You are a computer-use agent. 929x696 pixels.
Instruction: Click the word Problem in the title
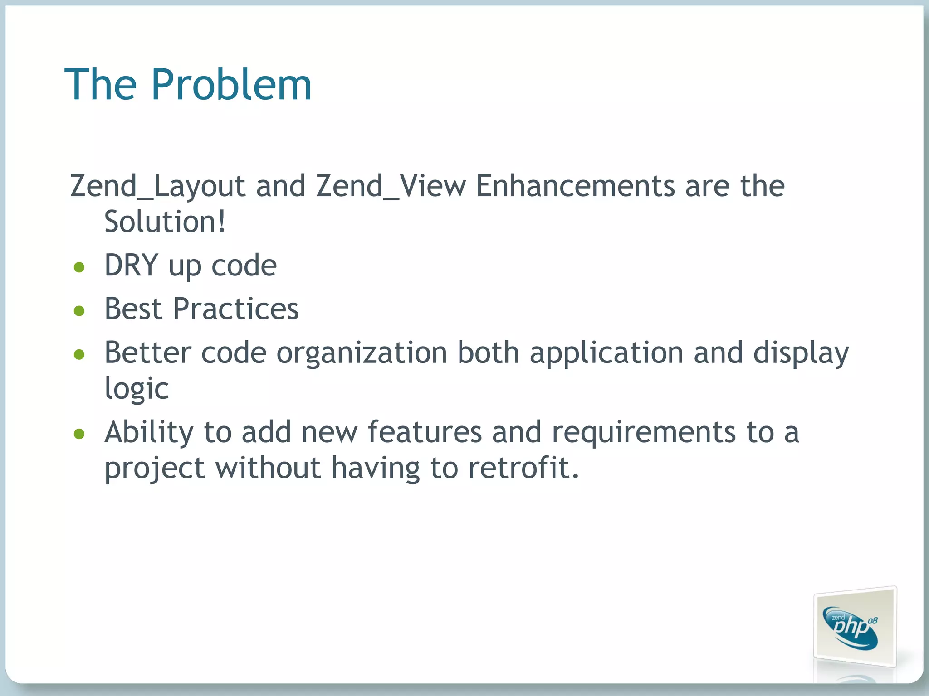pos(231,84)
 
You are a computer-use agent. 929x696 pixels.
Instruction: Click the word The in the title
pos(101,84)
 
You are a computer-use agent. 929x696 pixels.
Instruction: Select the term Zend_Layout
pos(158,186)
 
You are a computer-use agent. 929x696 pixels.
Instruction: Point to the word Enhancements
pos(575,186)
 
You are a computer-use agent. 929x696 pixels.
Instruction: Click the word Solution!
pos(165,222)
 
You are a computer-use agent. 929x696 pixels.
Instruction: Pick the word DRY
pos(131,266)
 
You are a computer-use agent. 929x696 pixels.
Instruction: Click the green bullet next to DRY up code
pos(79,267)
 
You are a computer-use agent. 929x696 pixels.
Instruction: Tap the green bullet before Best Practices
pos(79,311)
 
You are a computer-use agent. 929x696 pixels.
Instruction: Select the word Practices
pos(236,309)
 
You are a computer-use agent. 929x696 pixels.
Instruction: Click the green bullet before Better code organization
pos(79,354)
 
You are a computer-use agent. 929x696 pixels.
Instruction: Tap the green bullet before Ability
pos(79,434)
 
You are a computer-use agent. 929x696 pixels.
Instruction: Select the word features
pos(425,432)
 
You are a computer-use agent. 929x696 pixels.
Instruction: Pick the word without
pos(268,468)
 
